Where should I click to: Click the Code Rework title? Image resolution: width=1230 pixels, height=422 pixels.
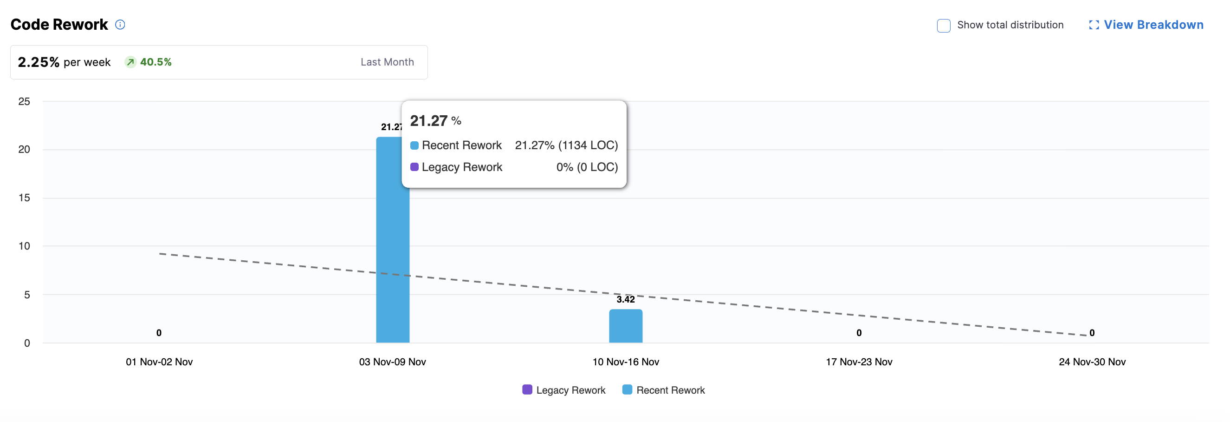(x=59, y=24)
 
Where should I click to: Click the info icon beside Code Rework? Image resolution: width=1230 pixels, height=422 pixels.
(x=120, y=24)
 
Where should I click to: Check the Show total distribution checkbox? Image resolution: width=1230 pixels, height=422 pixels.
(x=944, y=26)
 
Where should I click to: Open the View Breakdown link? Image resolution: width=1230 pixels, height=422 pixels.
(x=1146, y=25)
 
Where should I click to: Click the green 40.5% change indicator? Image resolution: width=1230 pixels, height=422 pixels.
(x=149, y=62)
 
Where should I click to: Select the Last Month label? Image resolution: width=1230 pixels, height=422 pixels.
(x=387, y=62)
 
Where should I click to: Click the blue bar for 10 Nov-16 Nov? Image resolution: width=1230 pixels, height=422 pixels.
(x=626, y=326)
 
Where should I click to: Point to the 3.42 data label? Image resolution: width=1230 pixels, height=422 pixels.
(x=626, y=299)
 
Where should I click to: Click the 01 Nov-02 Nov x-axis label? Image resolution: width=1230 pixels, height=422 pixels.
(x=159, y=362)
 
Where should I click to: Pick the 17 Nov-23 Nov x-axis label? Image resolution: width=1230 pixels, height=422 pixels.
(x=859, y=362)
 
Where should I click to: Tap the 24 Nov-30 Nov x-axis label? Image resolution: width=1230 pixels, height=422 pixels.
(x=1092, y=362)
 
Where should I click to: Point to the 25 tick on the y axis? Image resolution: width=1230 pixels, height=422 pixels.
(x=24, y=101)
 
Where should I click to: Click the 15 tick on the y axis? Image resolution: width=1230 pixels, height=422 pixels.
(x=24, y=198)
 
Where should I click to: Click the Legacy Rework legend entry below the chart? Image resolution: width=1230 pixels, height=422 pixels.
(x=564, y=390)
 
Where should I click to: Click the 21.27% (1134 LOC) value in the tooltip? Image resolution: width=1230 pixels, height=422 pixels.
(x=566, y=145)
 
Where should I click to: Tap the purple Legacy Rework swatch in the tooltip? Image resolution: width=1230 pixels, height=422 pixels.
(x=414, y=167)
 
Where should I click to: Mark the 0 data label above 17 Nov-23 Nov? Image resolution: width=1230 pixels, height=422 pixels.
(x=859, y=333)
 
